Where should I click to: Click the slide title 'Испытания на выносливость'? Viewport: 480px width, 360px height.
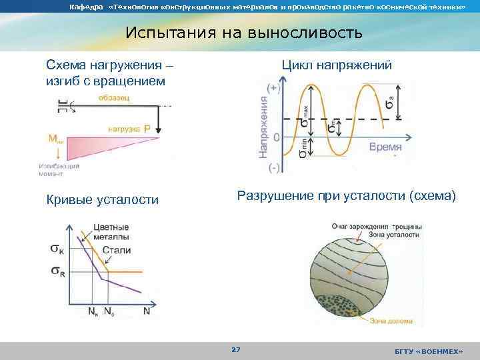pos(244,33)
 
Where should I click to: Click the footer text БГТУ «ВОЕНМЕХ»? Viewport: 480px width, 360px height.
pos(428,350)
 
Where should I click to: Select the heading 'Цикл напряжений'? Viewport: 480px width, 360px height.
pos(337,65)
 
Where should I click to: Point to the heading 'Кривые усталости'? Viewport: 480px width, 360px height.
pos(102,199)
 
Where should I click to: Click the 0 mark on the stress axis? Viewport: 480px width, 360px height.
pos(276,137)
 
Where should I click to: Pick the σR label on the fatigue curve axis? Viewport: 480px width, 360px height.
pos(58,271)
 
